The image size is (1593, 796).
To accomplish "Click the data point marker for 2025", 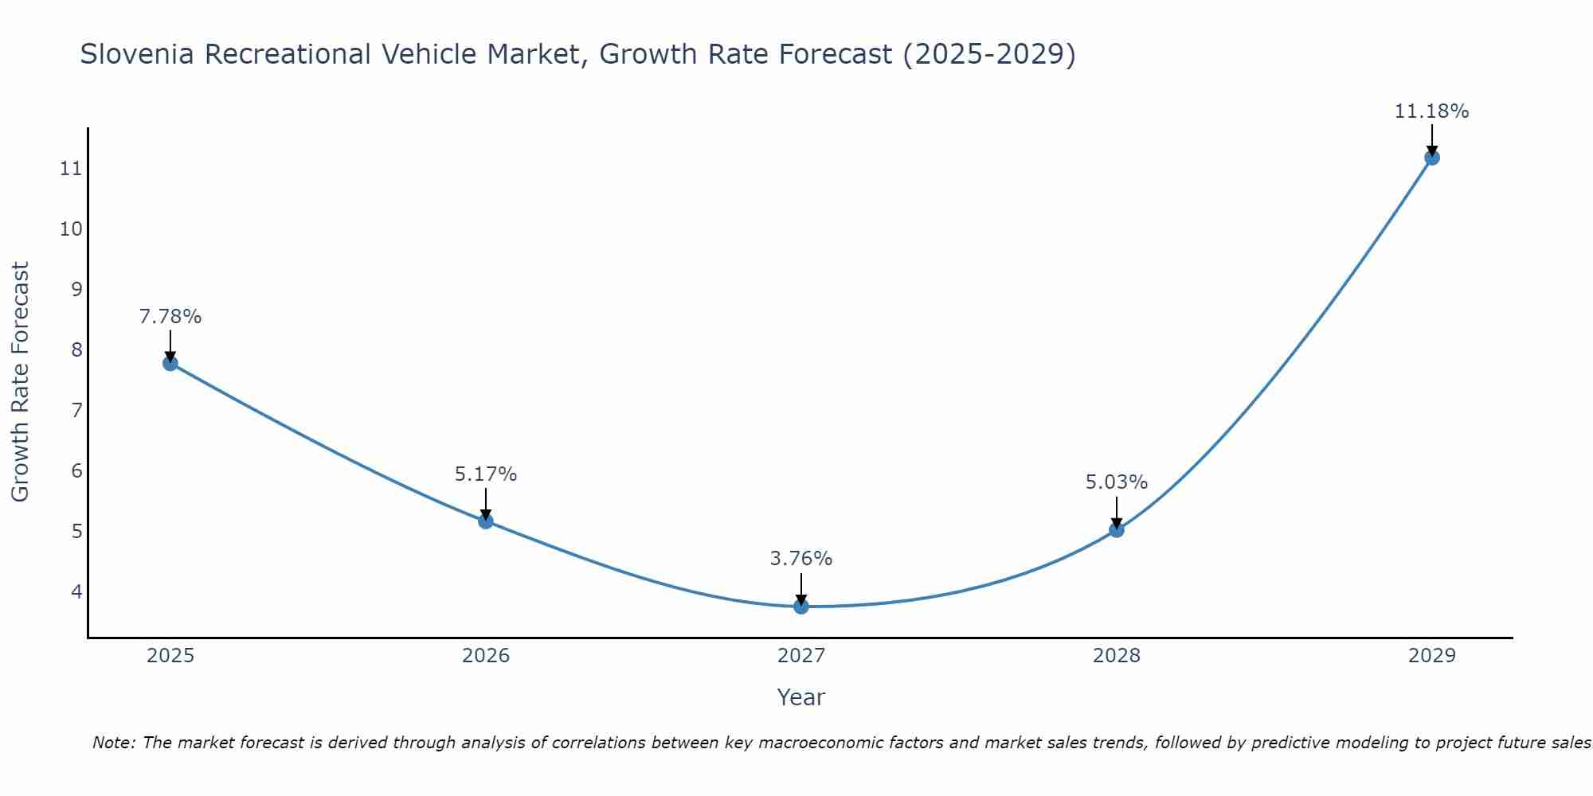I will [170, 364].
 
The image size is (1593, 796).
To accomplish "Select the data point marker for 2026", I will [486, 521].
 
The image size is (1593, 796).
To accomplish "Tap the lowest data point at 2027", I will [801, 607].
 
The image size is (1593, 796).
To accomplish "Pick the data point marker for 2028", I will [1117, 529].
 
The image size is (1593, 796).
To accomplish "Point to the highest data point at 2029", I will [1432, 158].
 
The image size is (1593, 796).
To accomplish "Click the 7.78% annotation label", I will [170, 317].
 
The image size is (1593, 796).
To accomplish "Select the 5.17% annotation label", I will [486, 474].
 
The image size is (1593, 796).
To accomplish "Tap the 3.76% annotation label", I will [801, 559].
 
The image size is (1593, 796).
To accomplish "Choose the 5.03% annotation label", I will [1117, 482].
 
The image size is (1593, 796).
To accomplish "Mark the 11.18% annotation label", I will [1431, 111].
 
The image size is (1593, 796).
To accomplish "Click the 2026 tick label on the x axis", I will [486, 656].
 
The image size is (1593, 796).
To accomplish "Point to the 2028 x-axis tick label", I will [1117, 656].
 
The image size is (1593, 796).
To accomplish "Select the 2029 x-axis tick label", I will [1432, 656].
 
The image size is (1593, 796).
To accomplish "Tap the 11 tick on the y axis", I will [71, 169].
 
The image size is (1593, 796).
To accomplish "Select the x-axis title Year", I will [801, 697].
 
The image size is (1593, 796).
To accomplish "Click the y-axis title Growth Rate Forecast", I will [20, 382].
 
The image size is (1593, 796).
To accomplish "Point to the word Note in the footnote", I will [115, 743].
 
